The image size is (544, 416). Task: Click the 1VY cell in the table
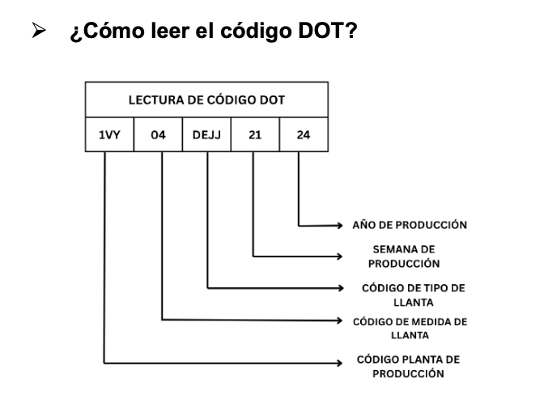(110, 135)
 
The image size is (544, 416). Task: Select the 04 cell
(159, 135)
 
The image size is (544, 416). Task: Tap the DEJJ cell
(206, 135)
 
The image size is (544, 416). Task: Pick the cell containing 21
(254, 135)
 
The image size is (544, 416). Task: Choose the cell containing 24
(303, 135)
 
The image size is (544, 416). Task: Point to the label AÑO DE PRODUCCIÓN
(409, 225)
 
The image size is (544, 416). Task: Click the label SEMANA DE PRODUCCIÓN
(404, 257)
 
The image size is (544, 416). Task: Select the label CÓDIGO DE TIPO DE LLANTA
(414, 295)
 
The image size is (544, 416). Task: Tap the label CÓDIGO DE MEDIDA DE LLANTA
(410, 328)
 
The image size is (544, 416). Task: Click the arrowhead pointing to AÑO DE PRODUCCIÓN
(342, 224)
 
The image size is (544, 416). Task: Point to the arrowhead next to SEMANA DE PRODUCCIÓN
(342, 257)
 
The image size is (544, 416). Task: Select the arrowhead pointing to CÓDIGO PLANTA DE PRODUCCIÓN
(342, 363)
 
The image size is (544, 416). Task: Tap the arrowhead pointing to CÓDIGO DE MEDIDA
(342, 320)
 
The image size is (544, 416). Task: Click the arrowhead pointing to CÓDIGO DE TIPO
(342, 287)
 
